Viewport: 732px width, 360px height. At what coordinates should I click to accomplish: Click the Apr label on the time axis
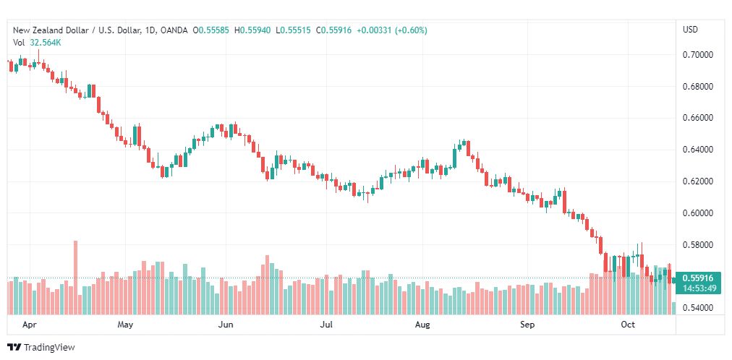[30, 325]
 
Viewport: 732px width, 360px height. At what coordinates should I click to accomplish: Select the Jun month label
[226, 325]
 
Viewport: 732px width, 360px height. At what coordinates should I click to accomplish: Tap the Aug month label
[422, 325]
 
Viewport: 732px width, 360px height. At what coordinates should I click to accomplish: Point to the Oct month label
[629, 325]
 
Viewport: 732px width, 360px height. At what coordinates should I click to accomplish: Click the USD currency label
[690, 30]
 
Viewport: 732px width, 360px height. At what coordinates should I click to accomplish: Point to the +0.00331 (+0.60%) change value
[391, 30]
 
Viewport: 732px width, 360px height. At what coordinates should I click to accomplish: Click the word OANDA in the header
[174, 30]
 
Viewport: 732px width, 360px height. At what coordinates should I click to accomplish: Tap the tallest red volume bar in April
[76, 278]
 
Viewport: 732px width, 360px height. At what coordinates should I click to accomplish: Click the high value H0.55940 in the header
[252, 30]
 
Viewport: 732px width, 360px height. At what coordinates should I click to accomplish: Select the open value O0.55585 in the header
[210, 30]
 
